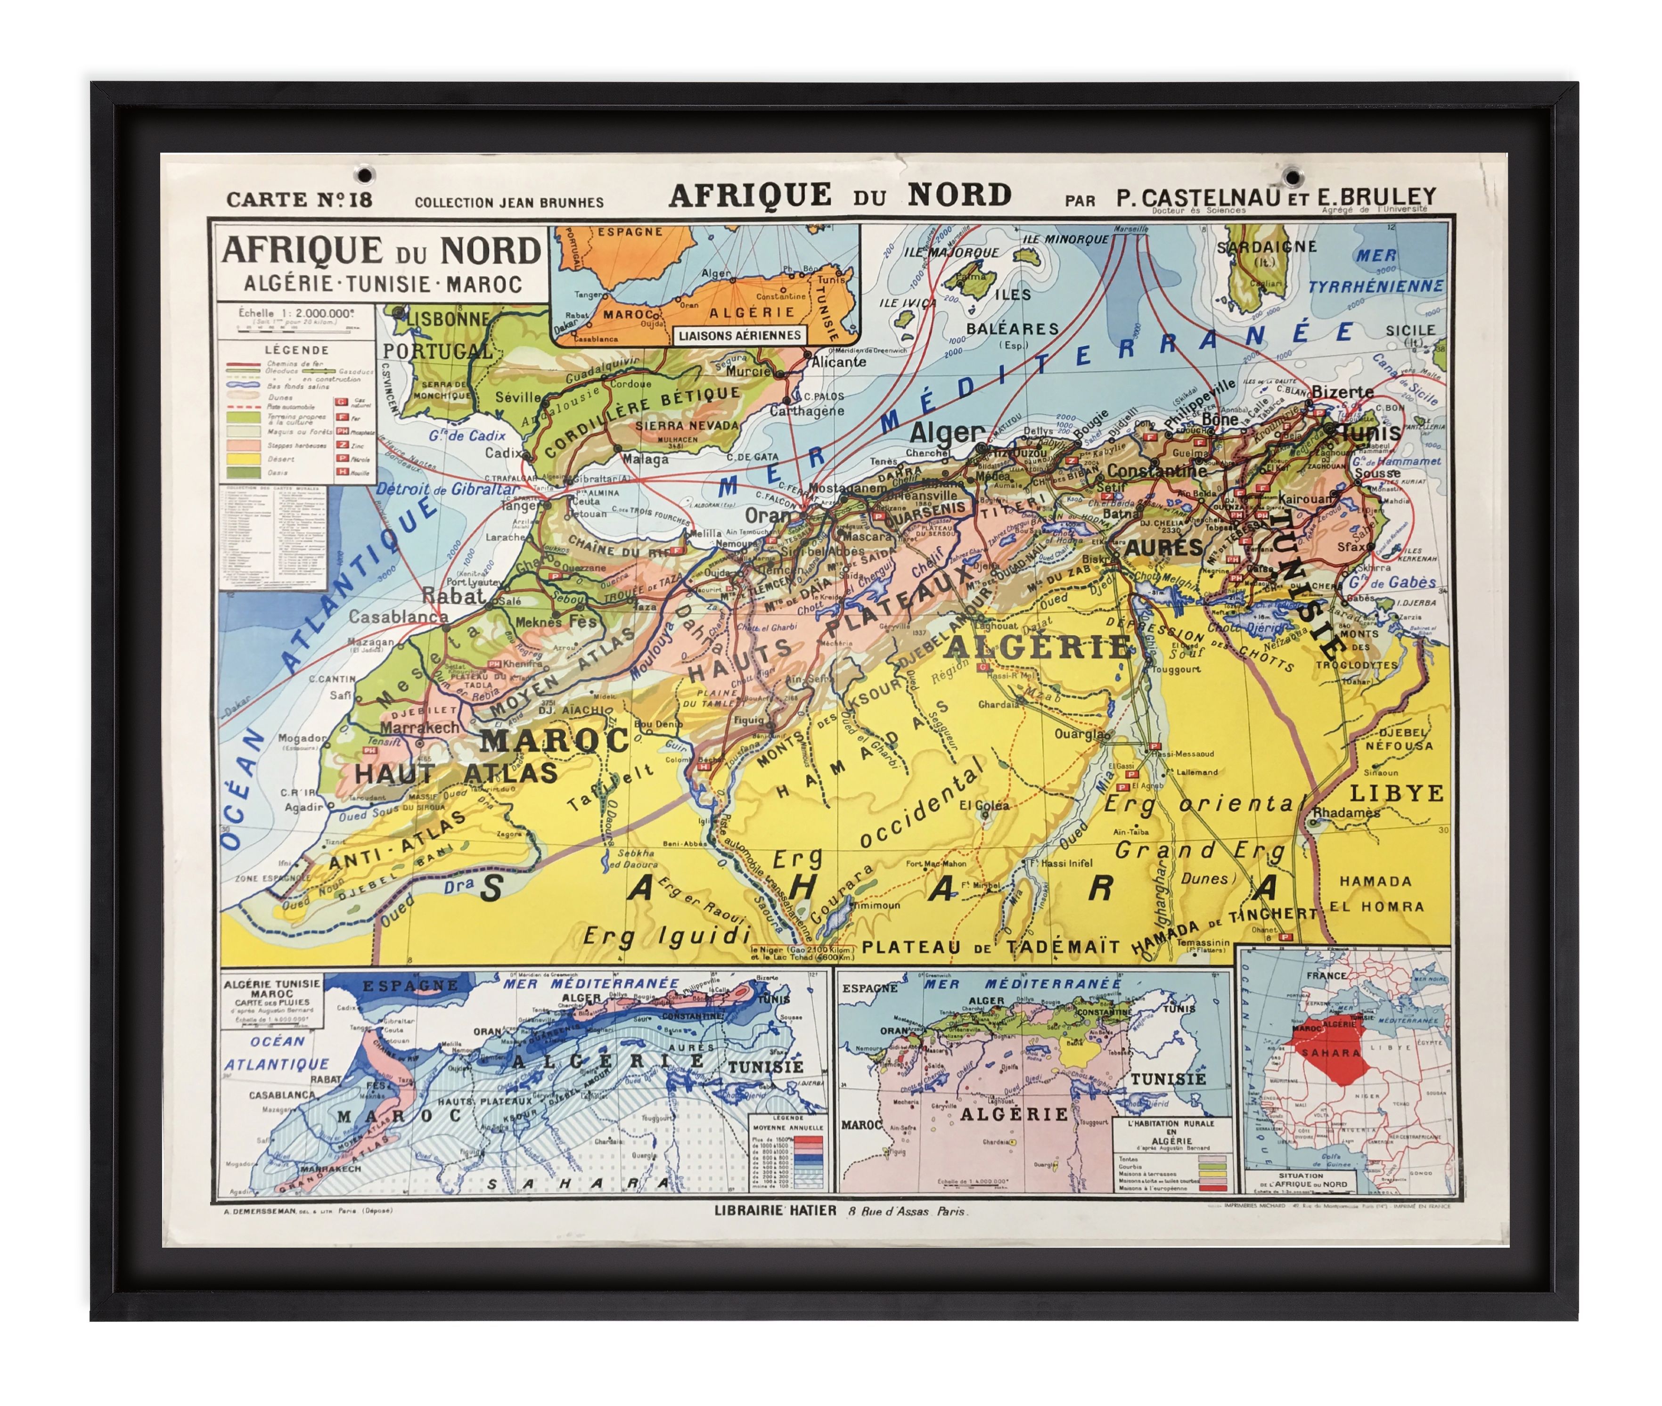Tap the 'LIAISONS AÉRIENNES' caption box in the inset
pyautogui.click(x=739, y=335)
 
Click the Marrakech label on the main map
pyautogui.click(x=419, y=728)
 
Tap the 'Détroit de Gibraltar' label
pyautogui.click(x=447, y=490)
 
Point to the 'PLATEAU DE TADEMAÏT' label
pyautogui.click(x=991, y=948)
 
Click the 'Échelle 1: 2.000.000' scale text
pyautogui.click(x=295, y=313)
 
